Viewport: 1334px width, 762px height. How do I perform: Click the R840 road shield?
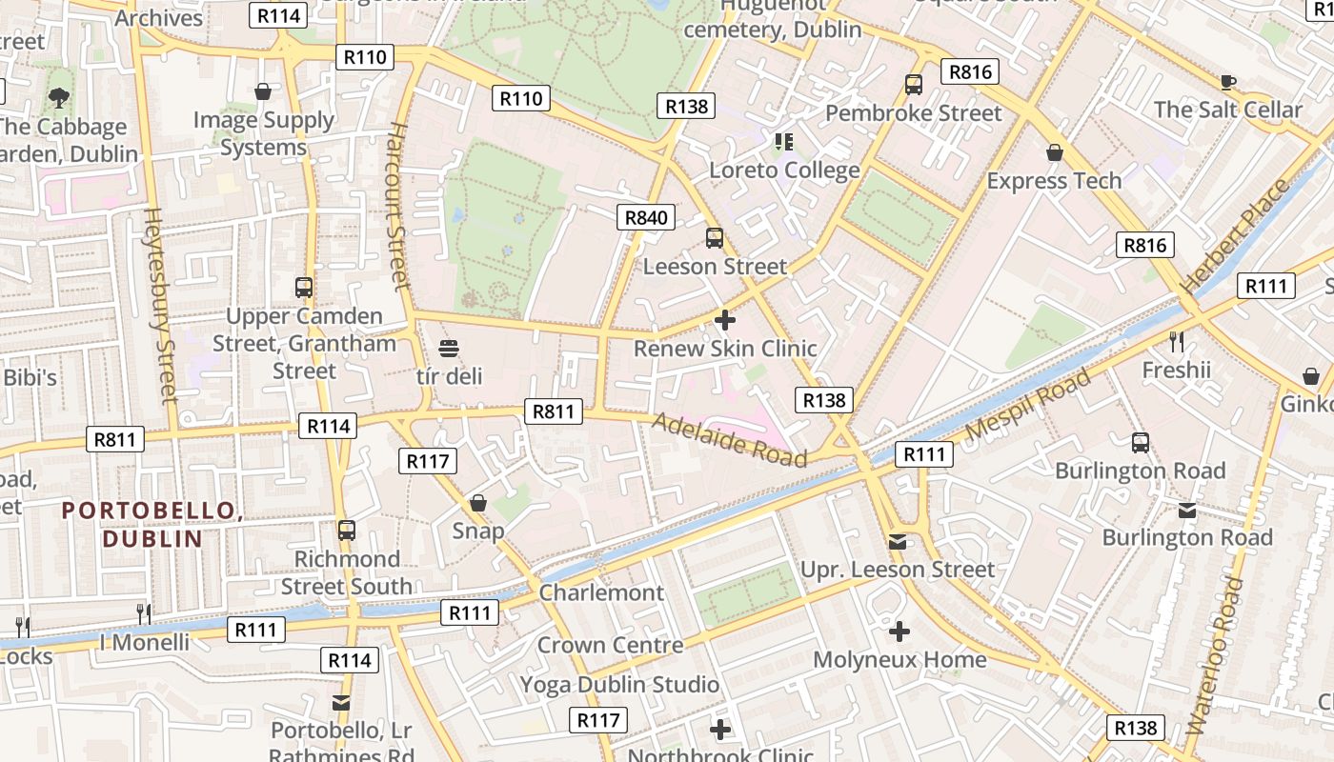pos(646,217)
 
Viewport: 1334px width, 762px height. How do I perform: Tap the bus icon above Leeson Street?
pos(715,238)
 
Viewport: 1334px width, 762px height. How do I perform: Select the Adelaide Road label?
pos(729,439)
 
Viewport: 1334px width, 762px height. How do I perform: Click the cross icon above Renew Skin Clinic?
pos(725,320)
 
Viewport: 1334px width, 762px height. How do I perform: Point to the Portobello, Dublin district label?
pos(152,525)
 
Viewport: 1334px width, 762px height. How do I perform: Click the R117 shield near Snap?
pos(428,462)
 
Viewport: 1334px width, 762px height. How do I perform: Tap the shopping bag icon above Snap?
pos(478,502)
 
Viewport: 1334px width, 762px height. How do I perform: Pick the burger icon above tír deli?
pos(449,348)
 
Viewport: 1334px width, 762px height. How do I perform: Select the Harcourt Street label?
pos(397,204)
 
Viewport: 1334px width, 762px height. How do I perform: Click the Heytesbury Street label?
pos(160,305)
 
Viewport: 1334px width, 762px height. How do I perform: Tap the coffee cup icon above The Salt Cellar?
pos(1227,82)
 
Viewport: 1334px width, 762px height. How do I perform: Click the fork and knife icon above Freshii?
pos(1177,340)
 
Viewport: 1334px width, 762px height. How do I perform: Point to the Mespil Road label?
pos(1029,404)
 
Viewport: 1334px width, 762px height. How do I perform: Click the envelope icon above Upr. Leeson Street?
pos(898,541)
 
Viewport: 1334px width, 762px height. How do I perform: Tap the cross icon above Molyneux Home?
pos(899,631)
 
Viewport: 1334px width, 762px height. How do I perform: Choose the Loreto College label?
pos(785,170)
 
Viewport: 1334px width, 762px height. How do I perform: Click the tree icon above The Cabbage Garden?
pos(59,96)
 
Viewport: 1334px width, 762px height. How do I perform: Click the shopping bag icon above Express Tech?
pos(1054,152)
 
